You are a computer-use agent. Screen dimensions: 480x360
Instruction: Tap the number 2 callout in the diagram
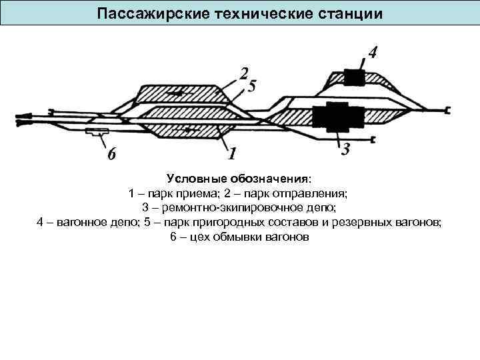tap(244, 73)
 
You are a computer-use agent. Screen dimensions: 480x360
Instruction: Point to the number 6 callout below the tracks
tap(112, 155)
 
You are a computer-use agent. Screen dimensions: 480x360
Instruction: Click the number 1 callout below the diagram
tap(232, 155)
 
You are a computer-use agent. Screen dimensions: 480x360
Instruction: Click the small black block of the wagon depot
tap(353, 79)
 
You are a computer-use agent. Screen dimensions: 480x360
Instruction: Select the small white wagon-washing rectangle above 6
tap(97, 133)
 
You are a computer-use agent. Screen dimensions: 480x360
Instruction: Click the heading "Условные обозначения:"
tap(239, 179)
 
